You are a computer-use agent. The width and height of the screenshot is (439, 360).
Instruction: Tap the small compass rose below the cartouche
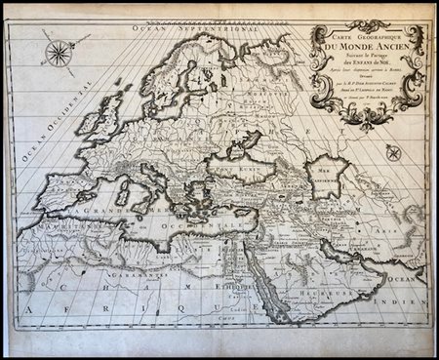[392, 153]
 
